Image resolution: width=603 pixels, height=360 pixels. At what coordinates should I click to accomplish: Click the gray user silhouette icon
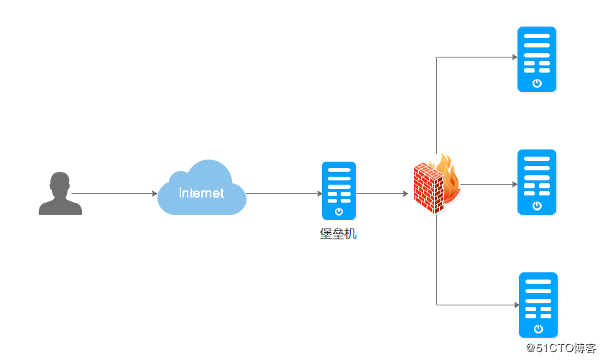pos(60,193)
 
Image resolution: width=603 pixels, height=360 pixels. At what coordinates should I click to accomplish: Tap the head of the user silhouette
pos(60,184)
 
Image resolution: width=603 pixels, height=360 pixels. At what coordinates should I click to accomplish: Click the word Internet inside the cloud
pos(201,193)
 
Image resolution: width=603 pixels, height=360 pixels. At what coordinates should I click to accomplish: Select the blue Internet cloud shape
pos(202,188)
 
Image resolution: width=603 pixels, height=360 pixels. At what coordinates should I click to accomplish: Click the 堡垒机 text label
pos(338,234)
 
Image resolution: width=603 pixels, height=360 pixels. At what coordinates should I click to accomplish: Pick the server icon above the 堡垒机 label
pos(339,190)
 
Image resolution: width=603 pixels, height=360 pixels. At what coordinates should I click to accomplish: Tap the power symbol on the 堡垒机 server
pos(339,211)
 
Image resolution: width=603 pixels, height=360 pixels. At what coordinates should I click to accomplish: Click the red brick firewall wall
pos(428,188)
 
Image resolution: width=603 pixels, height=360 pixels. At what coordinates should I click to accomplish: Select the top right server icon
pos(537,59)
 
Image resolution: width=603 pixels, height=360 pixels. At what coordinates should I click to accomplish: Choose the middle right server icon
pos(537,182)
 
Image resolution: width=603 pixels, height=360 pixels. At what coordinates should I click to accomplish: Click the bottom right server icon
pos(538,305)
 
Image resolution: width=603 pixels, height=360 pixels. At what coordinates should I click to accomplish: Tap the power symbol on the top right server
pos(538,83)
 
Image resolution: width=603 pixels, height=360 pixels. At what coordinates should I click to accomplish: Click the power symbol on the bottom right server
pos(539,329)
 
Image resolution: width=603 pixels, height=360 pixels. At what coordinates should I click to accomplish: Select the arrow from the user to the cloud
pos(114,193)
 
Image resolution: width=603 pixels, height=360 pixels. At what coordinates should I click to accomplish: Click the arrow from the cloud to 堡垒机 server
pos(284,193)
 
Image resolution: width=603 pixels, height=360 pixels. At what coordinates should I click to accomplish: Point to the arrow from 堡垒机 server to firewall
pos(382,193)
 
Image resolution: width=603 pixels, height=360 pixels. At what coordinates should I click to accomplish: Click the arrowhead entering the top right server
pos(515,57)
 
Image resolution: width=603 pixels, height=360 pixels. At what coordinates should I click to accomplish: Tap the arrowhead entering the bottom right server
pos(517,305)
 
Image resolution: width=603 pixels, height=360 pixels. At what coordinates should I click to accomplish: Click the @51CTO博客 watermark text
pos(561,348)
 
